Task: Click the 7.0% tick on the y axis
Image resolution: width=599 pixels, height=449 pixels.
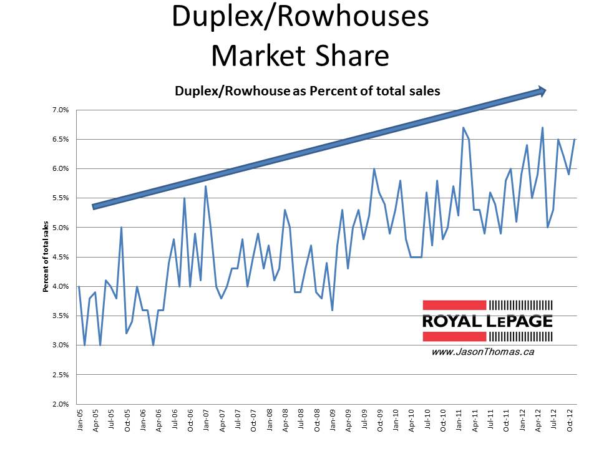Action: pos(59,110)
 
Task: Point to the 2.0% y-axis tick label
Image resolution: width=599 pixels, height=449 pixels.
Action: pos(59,404)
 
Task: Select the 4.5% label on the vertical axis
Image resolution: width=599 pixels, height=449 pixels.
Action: pos(59,257)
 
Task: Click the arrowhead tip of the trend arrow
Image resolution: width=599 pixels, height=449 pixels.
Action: pos(546,91)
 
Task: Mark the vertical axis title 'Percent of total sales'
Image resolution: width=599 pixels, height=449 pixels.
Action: pos(46,257)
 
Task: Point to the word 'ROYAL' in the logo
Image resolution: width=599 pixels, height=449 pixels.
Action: pos(452,322)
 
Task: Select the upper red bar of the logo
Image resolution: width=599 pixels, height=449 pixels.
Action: pos(454,305)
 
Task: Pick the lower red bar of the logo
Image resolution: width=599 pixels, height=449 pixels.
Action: pos(454,337)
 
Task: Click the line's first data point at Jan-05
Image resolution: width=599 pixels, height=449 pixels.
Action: pos(79,286)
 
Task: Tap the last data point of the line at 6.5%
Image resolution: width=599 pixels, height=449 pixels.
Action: pos(574,139)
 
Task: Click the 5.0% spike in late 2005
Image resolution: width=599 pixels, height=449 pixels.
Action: pos(121,228)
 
